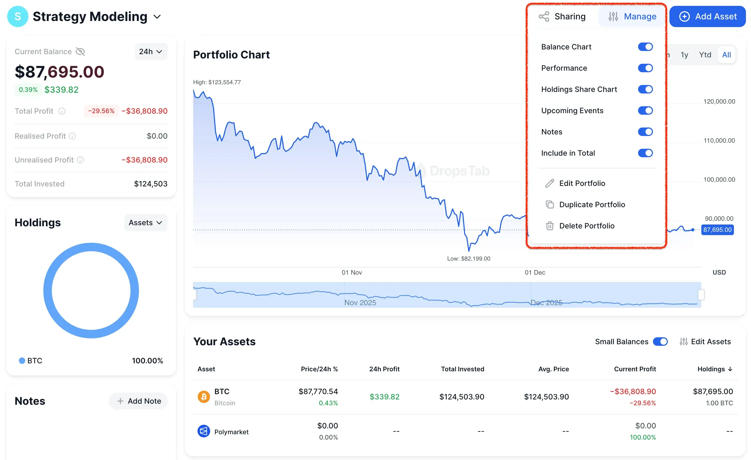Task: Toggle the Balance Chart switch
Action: (645, 47)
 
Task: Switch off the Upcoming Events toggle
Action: (645, 110)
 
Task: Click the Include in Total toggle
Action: (645, 153)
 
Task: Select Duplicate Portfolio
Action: (592, 205)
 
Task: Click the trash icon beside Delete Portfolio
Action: (550, 226)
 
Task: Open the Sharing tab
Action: (562, 16)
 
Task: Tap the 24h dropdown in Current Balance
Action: (151, 52)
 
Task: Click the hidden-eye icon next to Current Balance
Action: (80, 52)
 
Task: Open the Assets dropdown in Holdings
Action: (145, 223)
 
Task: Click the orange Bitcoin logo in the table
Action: (204, 397)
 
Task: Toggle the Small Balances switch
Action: (660, 342)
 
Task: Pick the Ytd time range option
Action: (705, 55)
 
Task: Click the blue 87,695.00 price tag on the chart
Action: (717, 230)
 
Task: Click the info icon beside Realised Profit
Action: (72, 136)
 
